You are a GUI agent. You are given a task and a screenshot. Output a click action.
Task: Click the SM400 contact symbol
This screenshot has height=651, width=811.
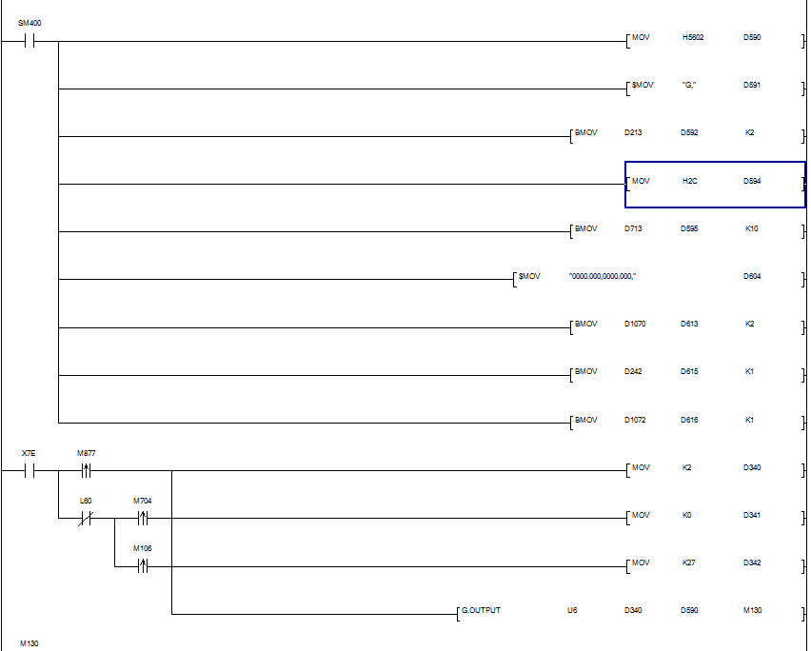tap(30, 41)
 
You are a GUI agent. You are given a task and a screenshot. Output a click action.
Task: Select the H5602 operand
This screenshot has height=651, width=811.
tap(693, 37)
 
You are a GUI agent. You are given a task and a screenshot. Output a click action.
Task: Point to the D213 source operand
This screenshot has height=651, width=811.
tap(633, 132)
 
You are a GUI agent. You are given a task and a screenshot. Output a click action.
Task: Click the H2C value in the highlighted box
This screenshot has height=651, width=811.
tap(690, 181)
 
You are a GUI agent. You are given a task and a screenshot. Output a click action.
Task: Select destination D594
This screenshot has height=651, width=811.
tap(752, 181)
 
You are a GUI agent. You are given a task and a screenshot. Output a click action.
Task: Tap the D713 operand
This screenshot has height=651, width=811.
tap(633, 228)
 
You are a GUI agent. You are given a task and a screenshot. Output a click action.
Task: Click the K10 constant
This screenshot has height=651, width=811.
tap(750, 228)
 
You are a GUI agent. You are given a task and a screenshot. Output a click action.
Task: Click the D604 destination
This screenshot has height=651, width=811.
tap(752, 276)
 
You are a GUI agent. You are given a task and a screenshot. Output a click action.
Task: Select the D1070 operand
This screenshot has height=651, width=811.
tap(635, 324)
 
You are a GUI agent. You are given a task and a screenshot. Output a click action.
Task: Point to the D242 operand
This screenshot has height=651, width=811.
tap(633, 371)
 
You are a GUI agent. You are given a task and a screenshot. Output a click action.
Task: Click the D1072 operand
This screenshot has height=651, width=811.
tap(635, 420)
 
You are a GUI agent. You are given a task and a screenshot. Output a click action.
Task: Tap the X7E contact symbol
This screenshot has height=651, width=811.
tap(30, 470)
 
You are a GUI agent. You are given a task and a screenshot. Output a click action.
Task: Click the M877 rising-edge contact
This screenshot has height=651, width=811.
tap(86, 470)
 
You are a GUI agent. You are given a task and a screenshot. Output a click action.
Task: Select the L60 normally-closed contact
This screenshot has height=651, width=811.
tap(86, 518)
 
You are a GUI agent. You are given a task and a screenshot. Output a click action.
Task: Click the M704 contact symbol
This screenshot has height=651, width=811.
tap(143, 518)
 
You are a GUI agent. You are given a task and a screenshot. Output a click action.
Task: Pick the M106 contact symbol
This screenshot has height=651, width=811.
tap(143, 565)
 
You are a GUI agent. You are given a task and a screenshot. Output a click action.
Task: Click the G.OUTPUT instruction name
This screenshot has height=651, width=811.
tap(481, 610)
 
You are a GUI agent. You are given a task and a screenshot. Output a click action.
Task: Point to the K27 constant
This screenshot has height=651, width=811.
tap(690, 562)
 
